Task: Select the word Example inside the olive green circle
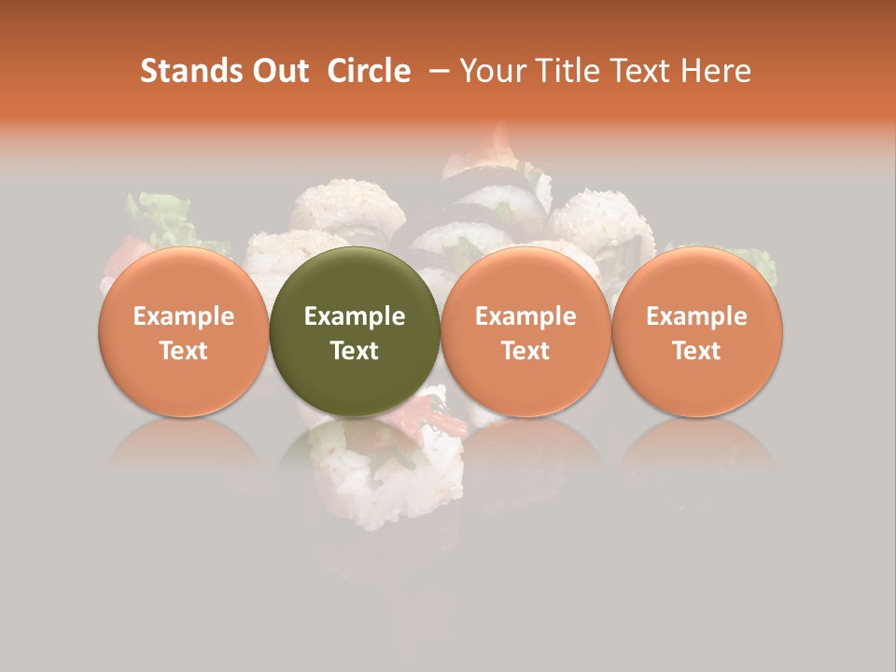[x=355, y=316]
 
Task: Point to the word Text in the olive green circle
[x=355, y=351]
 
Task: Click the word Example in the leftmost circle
[x=184, y=316]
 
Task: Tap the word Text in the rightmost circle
[x=697, y=351]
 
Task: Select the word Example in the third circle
[x=525, y=316]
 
